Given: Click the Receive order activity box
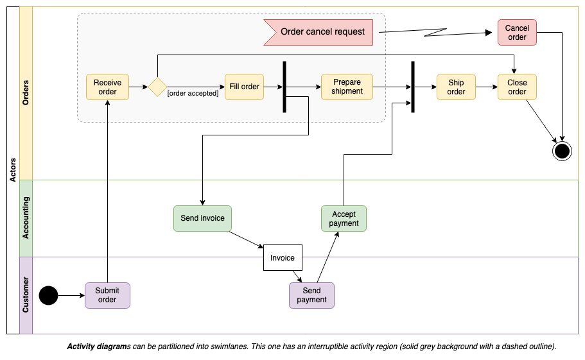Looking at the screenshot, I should pos(107,87).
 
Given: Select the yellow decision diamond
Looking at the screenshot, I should pos(157,87).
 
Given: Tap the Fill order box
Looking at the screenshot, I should pos(244,87).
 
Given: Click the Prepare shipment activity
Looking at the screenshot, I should pos(347,87).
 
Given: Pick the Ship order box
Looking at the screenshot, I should pos(456,87).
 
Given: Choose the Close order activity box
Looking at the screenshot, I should pos(517,87).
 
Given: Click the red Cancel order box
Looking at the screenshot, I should pos(517,33).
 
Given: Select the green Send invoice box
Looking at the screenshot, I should pos(202,218).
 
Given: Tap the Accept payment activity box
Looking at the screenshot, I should pos(344,219).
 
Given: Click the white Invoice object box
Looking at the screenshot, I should pos(283,258).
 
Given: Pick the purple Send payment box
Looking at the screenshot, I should pos(311,295).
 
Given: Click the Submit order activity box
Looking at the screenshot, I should pos(107,295).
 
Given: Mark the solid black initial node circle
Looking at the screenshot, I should pos(48,295).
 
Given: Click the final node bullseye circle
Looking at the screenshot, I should pos(562,151).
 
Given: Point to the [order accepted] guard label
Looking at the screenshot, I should pos(193,94).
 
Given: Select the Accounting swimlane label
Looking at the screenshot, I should pos(26,218).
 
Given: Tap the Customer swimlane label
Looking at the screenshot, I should pos(26,295).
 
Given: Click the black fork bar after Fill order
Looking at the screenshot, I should pos(284,87).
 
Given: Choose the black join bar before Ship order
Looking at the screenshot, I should pos(413,87).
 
